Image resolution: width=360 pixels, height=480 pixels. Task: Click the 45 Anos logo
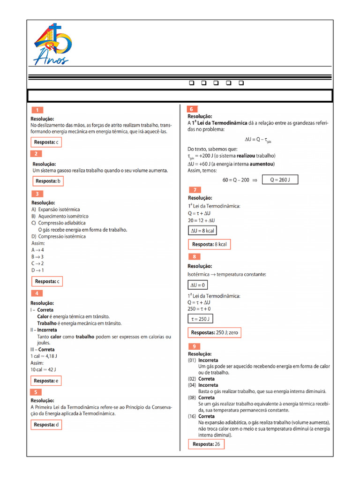coord(52,44)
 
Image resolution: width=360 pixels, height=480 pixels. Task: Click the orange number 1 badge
coord(37,111)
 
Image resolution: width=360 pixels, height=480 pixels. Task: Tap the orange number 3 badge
coord(37,194)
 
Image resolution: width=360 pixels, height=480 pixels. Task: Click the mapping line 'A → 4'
coord(38,250)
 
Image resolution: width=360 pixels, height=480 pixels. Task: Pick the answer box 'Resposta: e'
coord(46,381)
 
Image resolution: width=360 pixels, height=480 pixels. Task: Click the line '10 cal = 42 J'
coord(44,369)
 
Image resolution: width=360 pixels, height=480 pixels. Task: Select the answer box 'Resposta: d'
coord(46,425)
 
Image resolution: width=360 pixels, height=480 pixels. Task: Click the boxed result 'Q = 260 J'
coord(280,180)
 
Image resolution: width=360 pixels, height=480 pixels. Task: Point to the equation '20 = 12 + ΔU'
coord(201,220)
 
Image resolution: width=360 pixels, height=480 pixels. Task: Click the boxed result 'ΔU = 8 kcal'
coord(202,231)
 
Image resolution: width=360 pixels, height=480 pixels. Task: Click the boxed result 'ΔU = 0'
coord(197,285)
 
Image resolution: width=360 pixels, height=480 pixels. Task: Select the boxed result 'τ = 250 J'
coord(200,319)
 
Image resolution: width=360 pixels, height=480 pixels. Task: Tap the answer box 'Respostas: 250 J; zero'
coord(214,333)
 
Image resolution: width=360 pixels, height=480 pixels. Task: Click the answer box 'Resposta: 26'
coord(206,444)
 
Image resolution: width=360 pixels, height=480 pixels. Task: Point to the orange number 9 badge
coord(194,346)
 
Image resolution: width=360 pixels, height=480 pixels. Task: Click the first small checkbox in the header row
coord(191,83)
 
